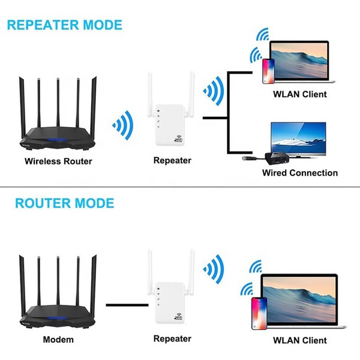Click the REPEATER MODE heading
[x=64, y=25]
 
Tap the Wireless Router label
[x=58, y=161]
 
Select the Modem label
[x=58, y=340]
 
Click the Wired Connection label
[x=300, y=173]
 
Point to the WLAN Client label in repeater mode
[x=299, y=94]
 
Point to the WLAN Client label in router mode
[x=300, y=340]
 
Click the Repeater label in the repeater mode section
[x=172, y=160]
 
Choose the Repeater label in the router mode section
[x=172, y=339]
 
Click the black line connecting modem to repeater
[x=125, y=305]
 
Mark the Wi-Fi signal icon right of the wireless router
[x=122, y=127]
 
